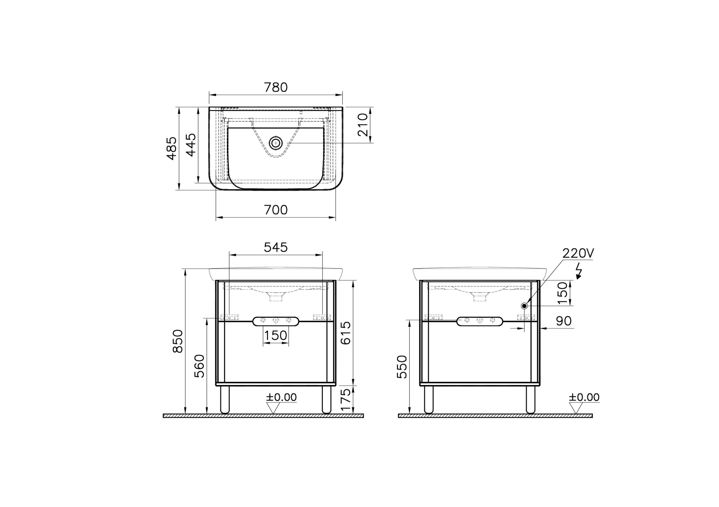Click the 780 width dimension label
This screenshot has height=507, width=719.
coord(276,87)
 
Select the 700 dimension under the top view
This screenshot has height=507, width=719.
coord(276,210)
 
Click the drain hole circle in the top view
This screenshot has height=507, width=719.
coord(276,143)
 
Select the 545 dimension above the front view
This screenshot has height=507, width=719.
coord(276,247)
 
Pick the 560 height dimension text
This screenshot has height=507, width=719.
coord(199,366)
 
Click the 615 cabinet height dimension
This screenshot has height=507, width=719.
coord(345,333)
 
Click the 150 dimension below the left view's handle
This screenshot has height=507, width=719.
coord(276,335)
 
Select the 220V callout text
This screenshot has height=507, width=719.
coord(578,253)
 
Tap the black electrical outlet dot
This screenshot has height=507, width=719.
coord(524,306)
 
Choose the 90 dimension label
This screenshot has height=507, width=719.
coord(564,321)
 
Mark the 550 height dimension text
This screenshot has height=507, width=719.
coord(402,367)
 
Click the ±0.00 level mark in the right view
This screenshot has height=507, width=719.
coord(584,397)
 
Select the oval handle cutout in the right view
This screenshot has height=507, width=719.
coord(479,321)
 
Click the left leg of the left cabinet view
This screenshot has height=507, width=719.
coord(225,400)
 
